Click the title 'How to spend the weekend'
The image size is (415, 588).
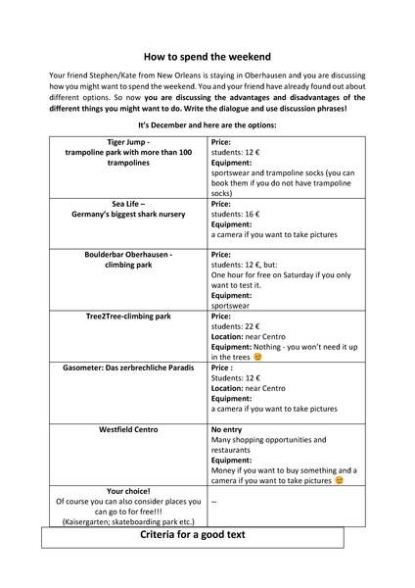(207, 57)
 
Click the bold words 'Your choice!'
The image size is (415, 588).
(128, 491)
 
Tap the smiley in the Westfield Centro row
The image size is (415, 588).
(339, 480)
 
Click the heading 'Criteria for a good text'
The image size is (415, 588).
(207, 536)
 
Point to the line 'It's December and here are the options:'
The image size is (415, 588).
(207, 125)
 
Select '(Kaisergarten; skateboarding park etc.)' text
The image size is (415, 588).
(128, 521)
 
